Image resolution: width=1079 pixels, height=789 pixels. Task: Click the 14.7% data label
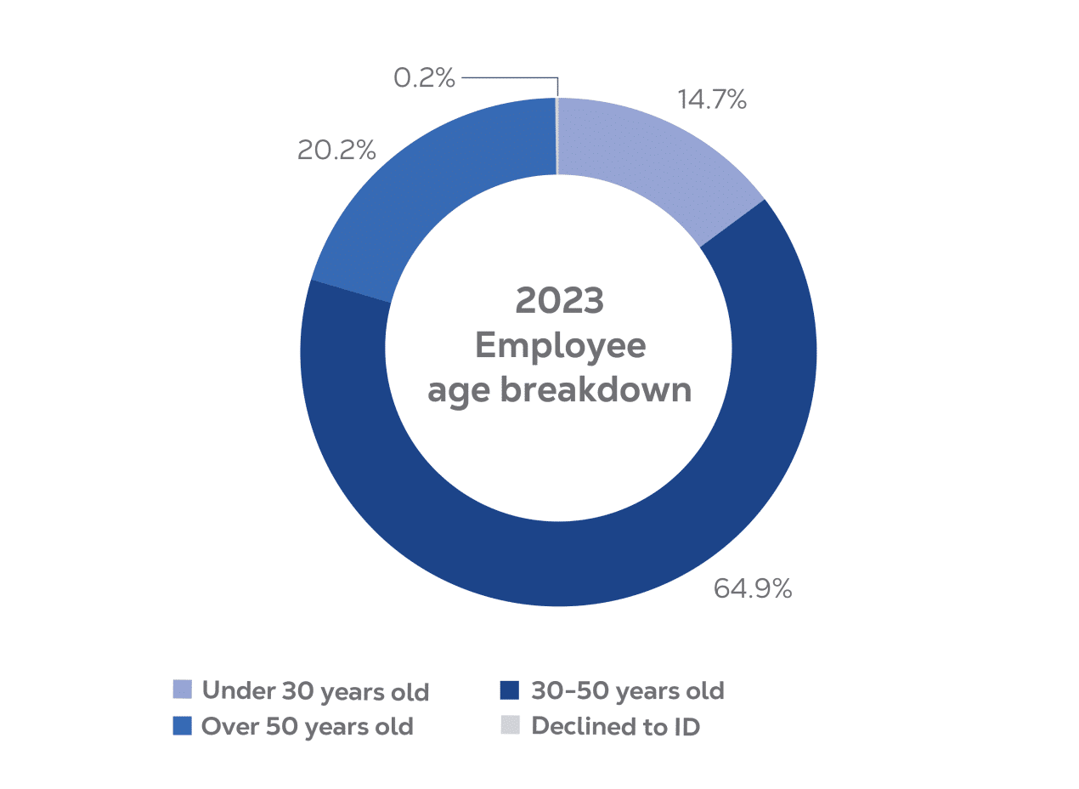[x=712, y=99]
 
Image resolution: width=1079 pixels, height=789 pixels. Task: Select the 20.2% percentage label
[x=336, y=150]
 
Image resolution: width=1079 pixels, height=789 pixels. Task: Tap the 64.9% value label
[x=753, y=589]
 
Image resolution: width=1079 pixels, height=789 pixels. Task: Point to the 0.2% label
[x=424, y=77]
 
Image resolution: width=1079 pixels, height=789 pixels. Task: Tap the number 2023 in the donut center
[x=559, y=300]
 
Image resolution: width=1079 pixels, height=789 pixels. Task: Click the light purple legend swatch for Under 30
[x=183, y=690]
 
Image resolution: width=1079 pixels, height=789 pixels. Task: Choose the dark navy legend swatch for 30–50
[x=510, y=690]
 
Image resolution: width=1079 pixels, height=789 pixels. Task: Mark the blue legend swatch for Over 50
[x=183, y=726]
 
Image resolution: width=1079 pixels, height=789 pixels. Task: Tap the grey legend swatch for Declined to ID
[x=510, y=725]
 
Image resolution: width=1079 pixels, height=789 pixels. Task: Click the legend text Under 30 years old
[x=315, y=691]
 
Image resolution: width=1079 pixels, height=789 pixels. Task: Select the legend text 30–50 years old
[x=628, y=691]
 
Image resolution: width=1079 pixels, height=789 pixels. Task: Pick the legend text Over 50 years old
[x=308, y=727]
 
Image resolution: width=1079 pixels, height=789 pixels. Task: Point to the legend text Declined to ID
[x=616, y=726]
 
